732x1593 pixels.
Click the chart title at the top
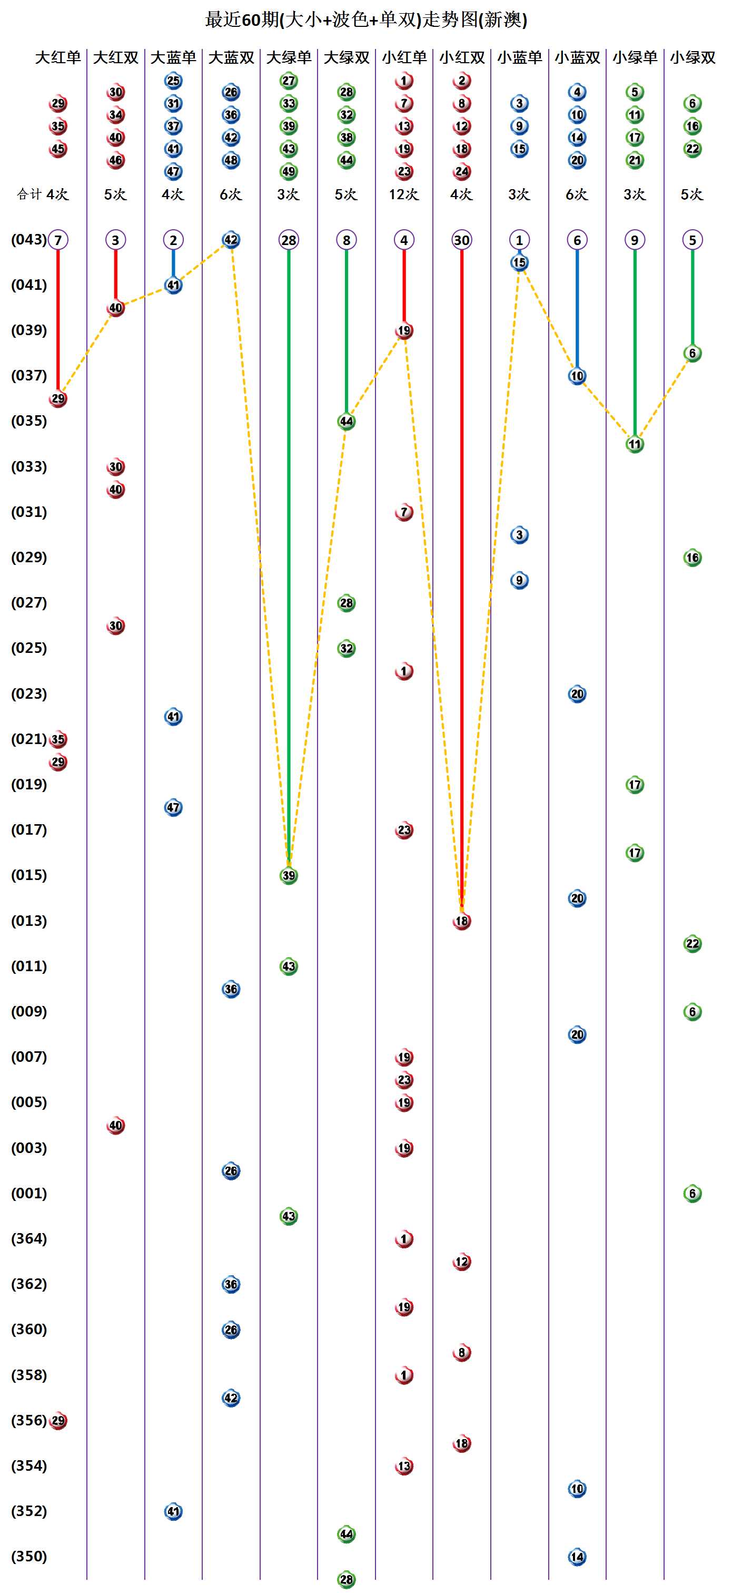366,20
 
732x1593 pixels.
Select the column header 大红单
57,57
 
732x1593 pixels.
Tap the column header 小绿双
693,57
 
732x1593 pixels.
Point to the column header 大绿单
289,57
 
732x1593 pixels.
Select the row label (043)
29,239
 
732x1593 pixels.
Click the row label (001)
29,1193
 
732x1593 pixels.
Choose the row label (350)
29,1556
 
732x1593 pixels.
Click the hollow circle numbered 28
289,240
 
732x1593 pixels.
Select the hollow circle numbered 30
462,240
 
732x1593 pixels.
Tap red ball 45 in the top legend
58,149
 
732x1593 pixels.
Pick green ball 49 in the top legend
289,171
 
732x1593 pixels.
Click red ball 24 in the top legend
462,171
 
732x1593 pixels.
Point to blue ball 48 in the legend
231,160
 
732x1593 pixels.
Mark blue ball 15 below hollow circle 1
519,263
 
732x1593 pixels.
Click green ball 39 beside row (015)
289,876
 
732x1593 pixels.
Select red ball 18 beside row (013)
462,921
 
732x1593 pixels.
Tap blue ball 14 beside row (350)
577,1557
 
